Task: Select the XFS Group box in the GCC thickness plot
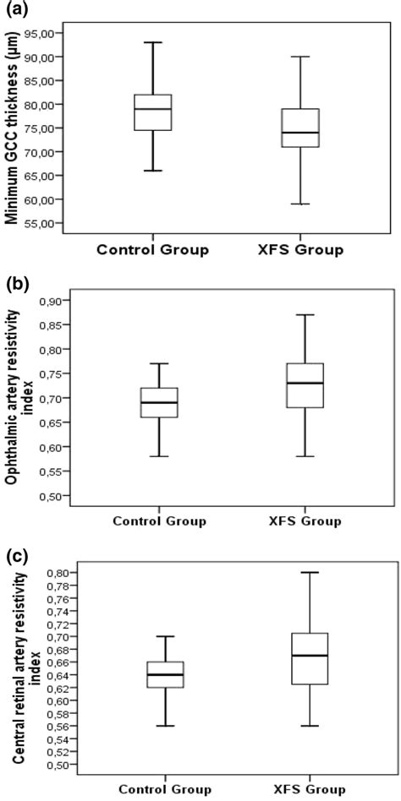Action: click(300, 128)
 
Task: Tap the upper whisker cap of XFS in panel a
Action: click(300, 57)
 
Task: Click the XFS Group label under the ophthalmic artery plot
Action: click(300, 521)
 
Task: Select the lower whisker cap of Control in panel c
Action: click(165, 726)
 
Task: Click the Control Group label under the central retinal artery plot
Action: click(165, 789)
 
